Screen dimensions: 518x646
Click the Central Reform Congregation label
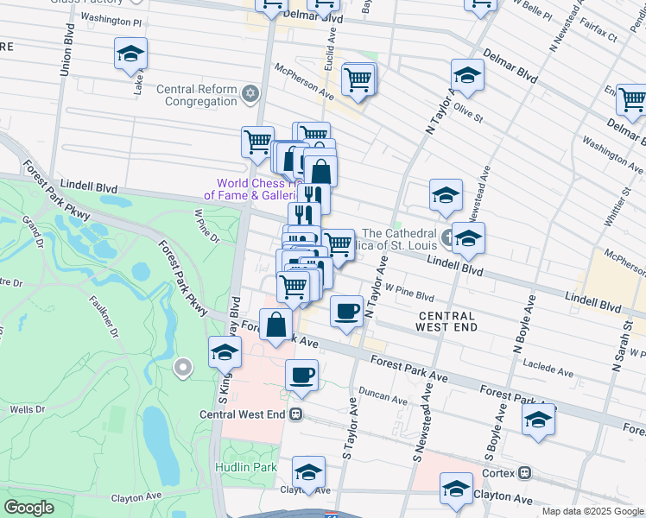coord(197,95)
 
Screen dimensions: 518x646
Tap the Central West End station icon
coord(296,414)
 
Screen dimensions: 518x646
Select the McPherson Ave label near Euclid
coord(303,79)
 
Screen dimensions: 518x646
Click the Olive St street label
coord(469,111)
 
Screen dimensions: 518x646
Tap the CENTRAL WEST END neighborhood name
coord(446,322)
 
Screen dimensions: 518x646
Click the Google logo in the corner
coord(28,508)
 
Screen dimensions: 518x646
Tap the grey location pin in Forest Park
coord(182,369)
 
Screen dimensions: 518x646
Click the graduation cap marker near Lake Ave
coord(130,55)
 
